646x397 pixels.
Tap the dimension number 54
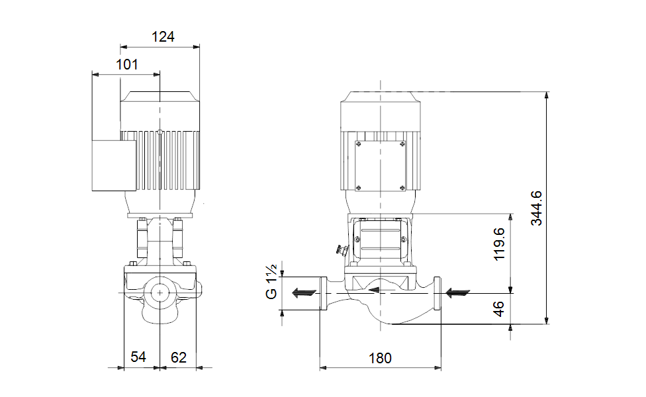click(138, 357)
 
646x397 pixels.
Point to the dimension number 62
click(179, 357)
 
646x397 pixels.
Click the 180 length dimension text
click(380, 358)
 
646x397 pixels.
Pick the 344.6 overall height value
click(536, 208)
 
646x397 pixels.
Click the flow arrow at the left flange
click(304, 292)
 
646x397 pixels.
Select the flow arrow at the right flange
click(458, 292)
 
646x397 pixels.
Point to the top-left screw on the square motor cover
click(359, 144)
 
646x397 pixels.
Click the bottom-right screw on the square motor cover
click(402, 187)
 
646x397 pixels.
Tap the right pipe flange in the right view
click(438, 293)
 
